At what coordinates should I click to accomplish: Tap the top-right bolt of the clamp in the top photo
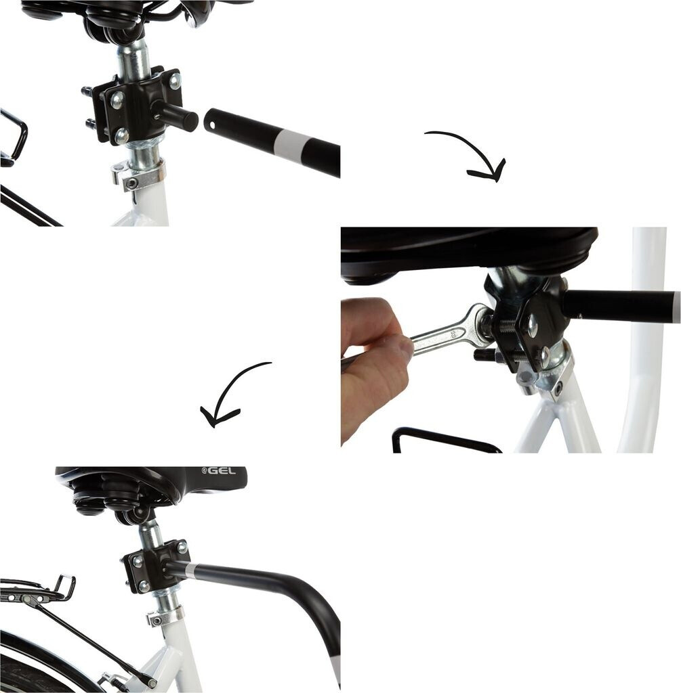(175, 81)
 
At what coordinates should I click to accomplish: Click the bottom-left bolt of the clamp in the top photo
(121, 135)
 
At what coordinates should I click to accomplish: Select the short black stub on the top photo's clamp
(175, 116)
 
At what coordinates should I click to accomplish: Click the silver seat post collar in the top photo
(138, 175)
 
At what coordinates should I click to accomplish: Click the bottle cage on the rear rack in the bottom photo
(61, 588)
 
